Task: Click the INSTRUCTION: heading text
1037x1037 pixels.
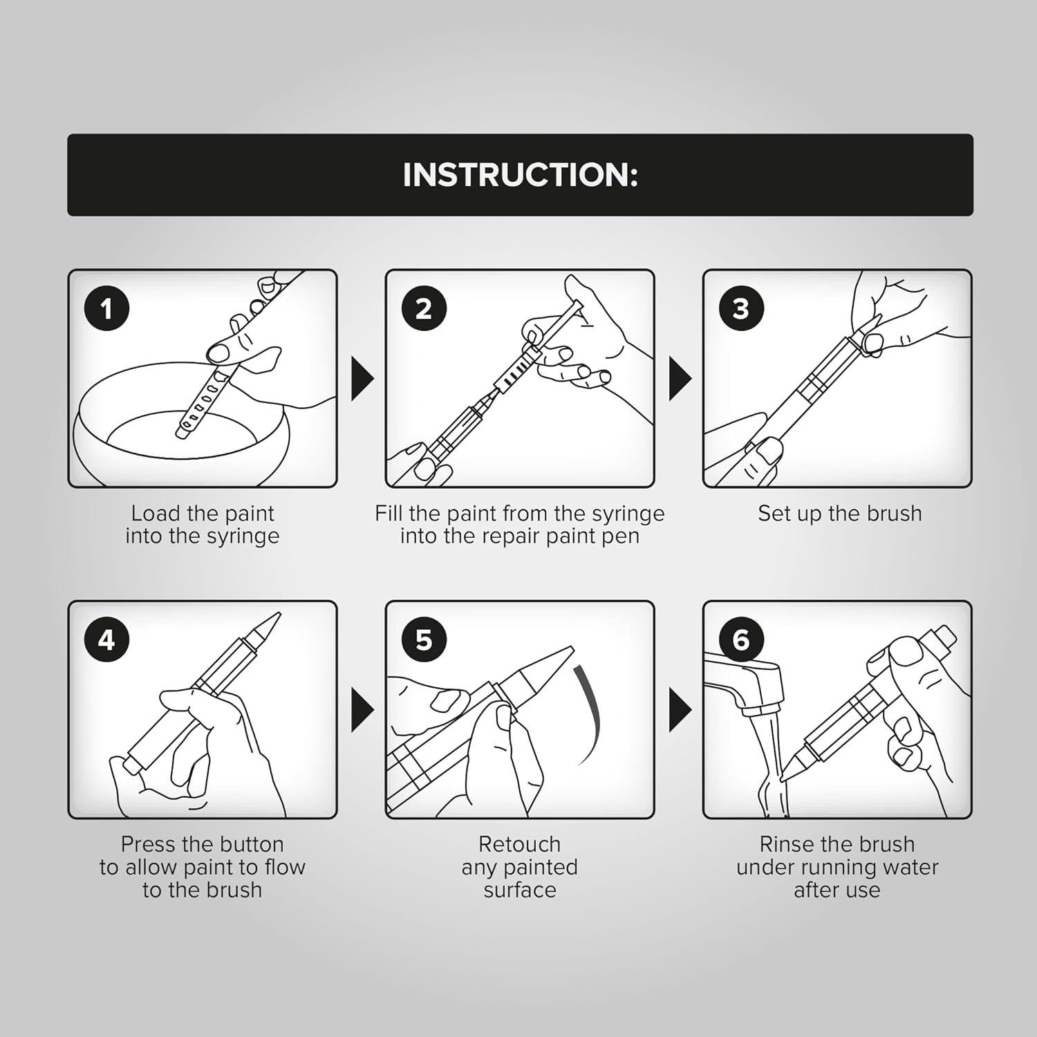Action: pos(520,174)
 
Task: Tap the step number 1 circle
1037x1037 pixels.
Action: pos(106,308)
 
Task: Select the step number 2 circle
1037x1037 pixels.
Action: pos(424,308)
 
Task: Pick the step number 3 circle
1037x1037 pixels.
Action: pos(740,308)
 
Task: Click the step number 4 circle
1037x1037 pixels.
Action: pos(106,640)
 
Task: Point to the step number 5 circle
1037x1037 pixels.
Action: pos(424,640)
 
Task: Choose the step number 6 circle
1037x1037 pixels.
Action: pos(740,640)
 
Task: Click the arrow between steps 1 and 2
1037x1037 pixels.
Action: pos(362,378)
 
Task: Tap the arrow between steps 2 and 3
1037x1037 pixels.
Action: pos(679,378)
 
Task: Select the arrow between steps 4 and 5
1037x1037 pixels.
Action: pos(362,709)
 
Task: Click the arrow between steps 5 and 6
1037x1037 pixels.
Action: pos(679,709)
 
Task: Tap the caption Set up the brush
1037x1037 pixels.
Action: pos(839,514)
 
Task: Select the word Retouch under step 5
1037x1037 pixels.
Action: pos(519,844)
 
